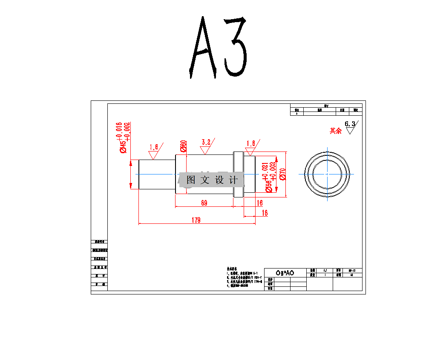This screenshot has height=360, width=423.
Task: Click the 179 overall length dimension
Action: [196, 220]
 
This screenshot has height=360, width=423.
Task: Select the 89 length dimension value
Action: [204, 203]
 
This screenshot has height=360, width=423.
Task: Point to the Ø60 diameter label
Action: [184, 146]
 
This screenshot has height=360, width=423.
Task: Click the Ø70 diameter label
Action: [282, 173]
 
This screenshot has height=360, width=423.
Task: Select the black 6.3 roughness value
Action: [350, 124]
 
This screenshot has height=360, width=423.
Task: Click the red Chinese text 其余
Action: [336, 131]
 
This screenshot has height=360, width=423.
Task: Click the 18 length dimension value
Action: [265, 213]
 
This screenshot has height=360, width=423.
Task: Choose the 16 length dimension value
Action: [260, 203]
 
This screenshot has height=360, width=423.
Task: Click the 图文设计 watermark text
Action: [212, 180]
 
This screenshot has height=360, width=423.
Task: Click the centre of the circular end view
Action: [327, 174]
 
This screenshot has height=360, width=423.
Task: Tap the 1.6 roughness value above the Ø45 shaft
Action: [154, 147]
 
